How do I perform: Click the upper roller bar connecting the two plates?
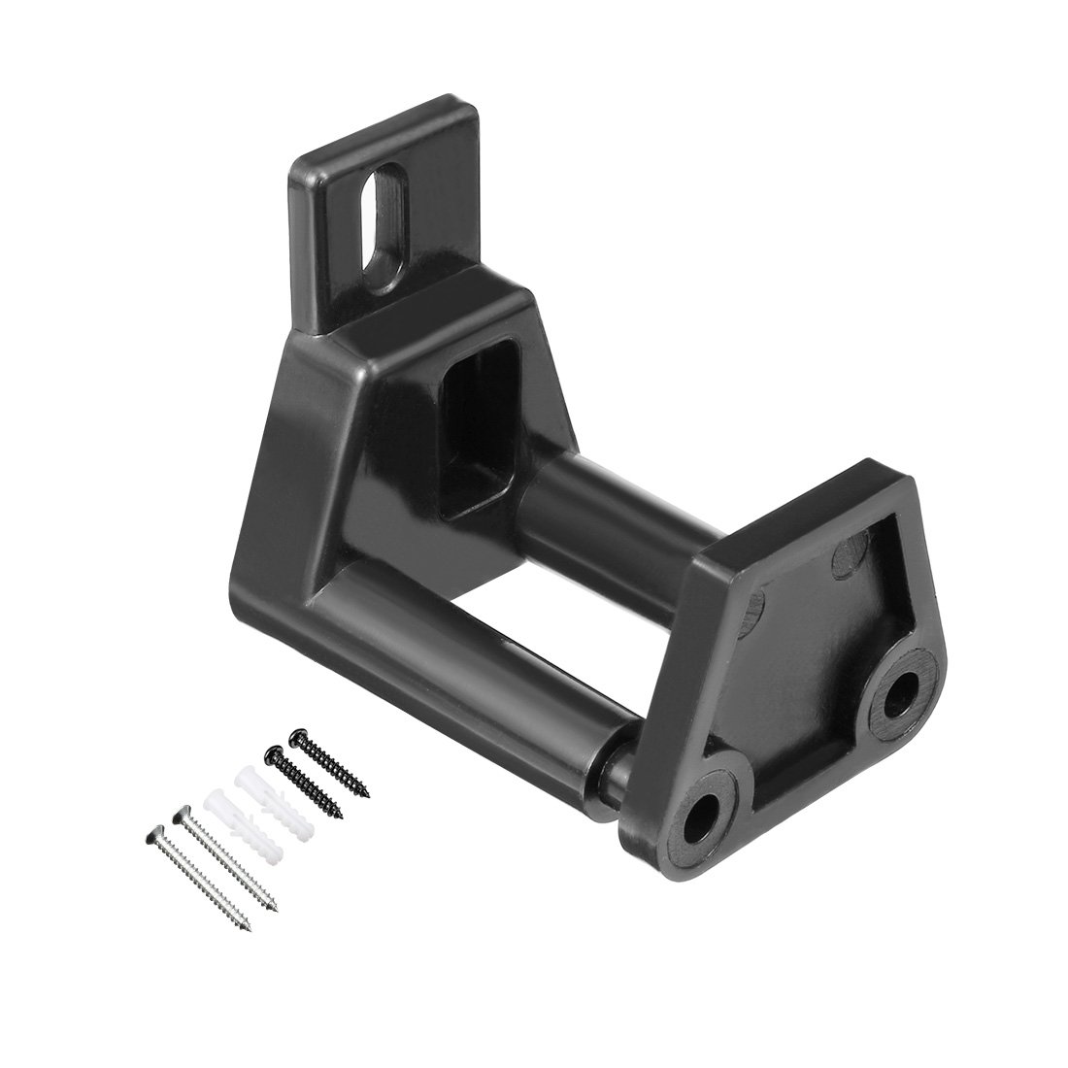[583, 505]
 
